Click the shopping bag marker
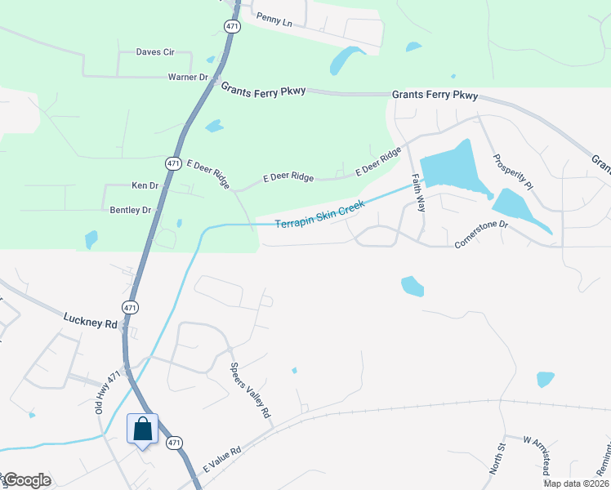click(142, 430)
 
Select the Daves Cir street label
click(155, 52)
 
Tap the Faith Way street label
click(418, 193)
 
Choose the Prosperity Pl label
click(513, 172)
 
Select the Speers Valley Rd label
click(251, 391)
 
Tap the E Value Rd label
click(222, 461)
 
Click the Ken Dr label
click(145, 186)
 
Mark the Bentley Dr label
click(131, 210)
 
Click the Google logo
click(26, 480)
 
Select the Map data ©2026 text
click(575, 483)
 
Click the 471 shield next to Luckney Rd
click(131, 307)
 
